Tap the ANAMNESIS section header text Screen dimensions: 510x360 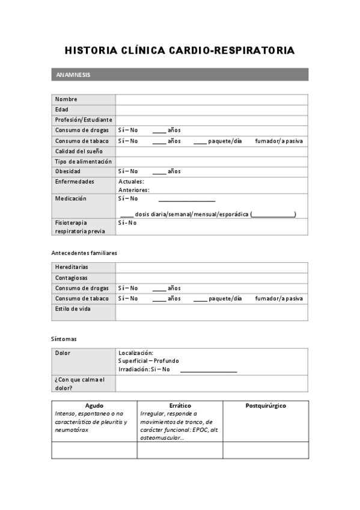tap(73, 75)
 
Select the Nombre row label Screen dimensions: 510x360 tap(66, 99)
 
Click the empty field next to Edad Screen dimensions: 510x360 tap(212, 109)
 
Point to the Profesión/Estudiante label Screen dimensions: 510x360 tap(84, 120)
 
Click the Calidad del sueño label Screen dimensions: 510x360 tap(79, 151)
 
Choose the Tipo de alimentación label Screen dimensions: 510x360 tap(83, 161)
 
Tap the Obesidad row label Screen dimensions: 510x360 tap(68, 171)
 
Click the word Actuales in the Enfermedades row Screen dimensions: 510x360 tap(131, 182)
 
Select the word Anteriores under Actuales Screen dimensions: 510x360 tap(133, 190)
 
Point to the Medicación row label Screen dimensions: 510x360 tap(70, 198)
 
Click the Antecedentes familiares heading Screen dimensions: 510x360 tap(84, 253)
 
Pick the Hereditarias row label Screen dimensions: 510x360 tap(72, 267)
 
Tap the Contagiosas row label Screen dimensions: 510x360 tap(71, 278)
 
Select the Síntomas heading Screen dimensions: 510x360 tap(64, 339)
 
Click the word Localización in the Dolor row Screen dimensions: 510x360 tap(136, 353)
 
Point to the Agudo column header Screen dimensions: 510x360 tap(94, 406)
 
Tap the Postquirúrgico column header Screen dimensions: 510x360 tap(266, 406)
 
